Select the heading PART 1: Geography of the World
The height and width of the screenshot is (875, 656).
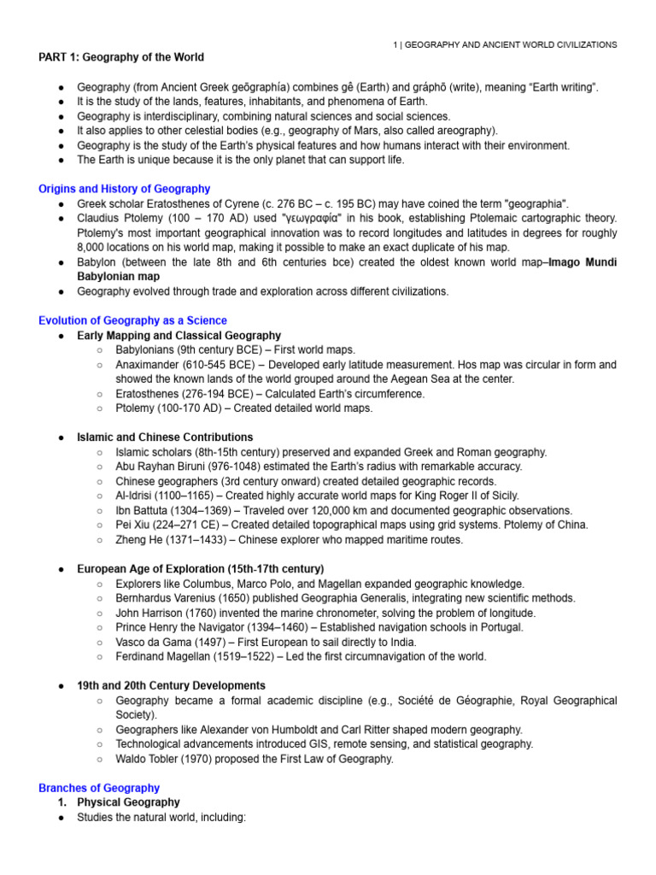pyautogui.click(x=121, y=57)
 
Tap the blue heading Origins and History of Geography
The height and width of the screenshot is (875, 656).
pyautogui.click(x=124, y=189)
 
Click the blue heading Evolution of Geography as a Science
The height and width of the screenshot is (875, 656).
pyautogui.click(x=132, y=320)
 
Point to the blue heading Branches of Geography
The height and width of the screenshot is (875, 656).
pyautogui.click(x=99, y=788)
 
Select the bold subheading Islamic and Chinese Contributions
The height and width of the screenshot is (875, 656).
pyautogui.click(x=165, y=437)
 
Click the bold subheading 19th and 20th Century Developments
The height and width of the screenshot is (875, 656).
pyautogui.click(x=171, y=685)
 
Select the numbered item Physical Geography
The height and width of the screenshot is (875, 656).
pyautogui.click(x=128, y=802)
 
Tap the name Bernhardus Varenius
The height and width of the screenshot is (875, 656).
pyautogui.click(x=169, y=598)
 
